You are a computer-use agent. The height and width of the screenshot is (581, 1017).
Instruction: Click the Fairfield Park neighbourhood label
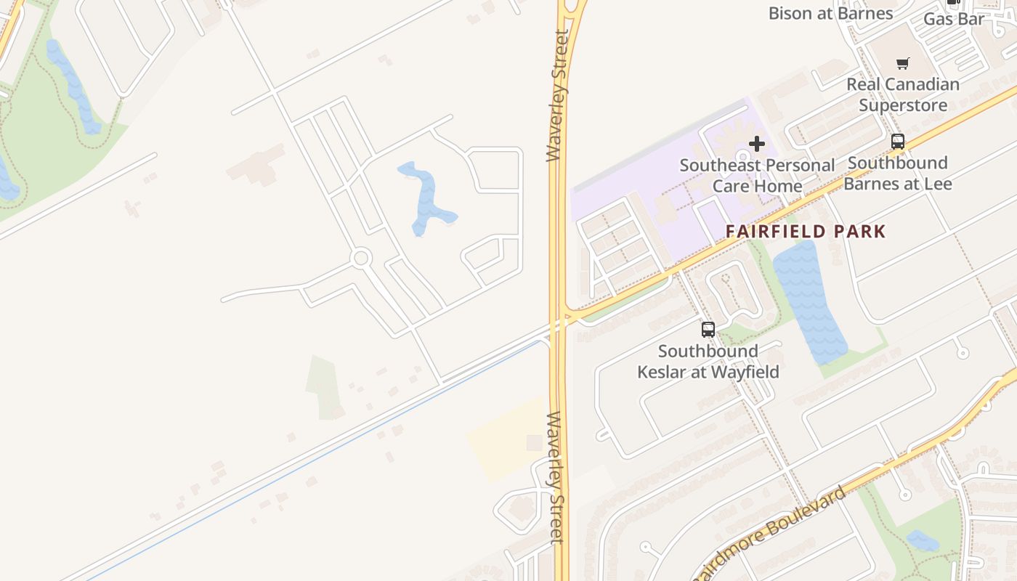(806, 232)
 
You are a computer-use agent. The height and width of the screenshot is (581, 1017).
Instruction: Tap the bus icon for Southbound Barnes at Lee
(898, 142)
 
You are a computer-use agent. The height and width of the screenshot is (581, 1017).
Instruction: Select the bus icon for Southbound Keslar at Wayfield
(708, 330)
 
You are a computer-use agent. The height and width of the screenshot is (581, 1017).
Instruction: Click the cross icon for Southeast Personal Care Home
(757, 144)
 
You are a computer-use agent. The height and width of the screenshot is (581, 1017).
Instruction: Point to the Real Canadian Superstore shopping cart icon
(902, 64)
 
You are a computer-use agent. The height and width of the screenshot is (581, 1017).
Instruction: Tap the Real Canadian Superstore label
(903, 94)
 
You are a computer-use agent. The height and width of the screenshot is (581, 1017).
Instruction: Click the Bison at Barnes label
(830, 13)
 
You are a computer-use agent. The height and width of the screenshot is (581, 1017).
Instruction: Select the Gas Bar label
(954, 19)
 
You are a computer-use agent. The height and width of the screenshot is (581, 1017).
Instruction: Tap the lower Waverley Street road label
(555, 477)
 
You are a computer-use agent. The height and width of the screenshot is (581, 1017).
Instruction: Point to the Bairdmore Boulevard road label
(770, 534)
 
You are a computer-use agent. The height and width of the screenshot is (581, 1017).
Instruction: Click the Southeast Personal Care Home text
(757, 175)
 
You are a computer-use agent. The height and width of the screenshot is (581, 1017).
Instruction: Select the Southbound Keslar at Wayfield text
(708, 362)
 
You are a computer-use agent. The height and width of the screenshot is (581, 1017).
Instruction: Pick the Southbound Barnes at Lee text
(898, 173)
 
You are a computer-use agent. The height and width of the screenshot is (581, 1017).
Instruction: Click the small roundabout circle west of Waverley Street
(361, 258)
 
